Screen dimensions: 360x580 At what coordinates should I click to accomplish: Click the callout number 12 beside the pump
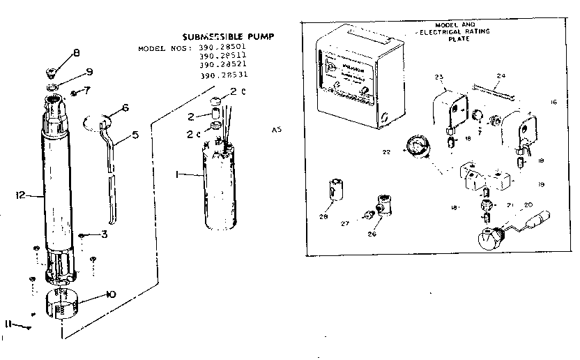point(22,196)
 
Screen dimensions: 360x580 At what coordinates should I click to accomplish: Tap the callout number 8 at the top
point(77,52)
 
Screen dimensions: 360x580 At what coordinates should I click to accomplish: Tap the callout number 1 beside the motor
point(178,174)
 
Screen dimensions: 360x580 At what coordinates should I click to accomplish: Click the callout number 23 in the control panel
point(438,76)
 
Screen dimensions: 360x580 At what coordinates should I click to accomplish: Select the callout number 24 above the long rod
point(501,75)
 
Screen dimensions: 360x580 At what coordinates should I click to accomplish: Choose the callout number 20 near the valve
point(528,204)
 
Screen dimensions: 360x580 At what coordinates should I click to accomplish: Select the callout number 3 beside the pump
point(104,234)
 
